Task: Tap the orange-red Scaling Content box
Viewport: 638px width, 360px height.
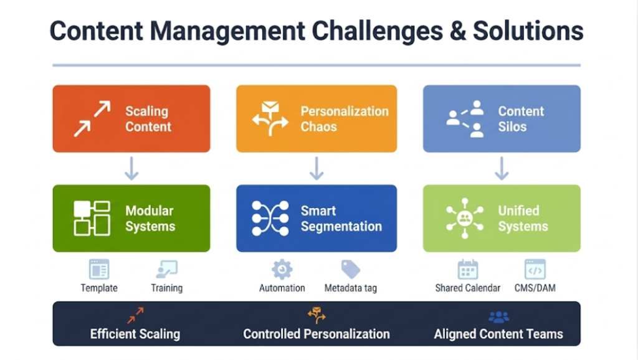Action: pos(131,118)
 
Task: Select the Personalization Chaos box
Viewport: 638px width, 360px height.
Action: pos(317,118)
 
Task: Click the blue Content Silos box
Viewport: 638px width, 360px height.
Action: pos(502,118)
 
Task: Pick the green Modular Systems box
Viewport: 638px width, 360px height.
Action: pos(131,218)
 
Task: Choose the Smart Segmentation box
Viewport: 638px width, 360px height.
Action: pos(317,218)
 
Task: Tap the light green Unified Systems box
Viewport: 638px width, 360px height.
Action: pos(502,218)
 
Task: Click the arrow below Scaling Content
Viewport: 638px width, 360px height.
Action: pos(131,168)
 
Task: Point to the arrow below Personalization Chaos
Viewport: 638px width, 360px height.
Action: pos(317,168)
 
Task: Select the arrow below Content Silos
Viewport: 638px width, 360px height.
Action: pos(502,168)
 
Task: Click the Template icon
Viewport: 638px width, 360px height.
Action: pos(99,269)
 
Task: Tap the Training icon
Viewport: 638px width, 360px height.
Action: pos(167,269)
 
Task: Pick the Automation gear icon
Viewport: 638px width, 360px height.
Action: pos(282,269)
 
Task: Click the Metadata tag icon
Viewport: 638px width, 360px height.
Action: pos(350,269)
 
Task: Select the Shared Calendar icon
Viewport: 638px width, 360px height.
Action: pos(467,269)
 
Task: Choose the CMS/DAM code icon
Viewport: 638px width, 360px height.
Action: pos(535,269)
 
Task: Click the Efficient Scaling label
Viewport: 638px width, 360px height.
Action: pos(135,334)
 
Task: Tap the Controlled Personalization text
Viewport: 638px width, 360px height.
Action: pos(317,334)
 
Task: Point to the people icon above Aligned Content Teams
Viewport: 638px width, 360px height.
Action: pos(498,317)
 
